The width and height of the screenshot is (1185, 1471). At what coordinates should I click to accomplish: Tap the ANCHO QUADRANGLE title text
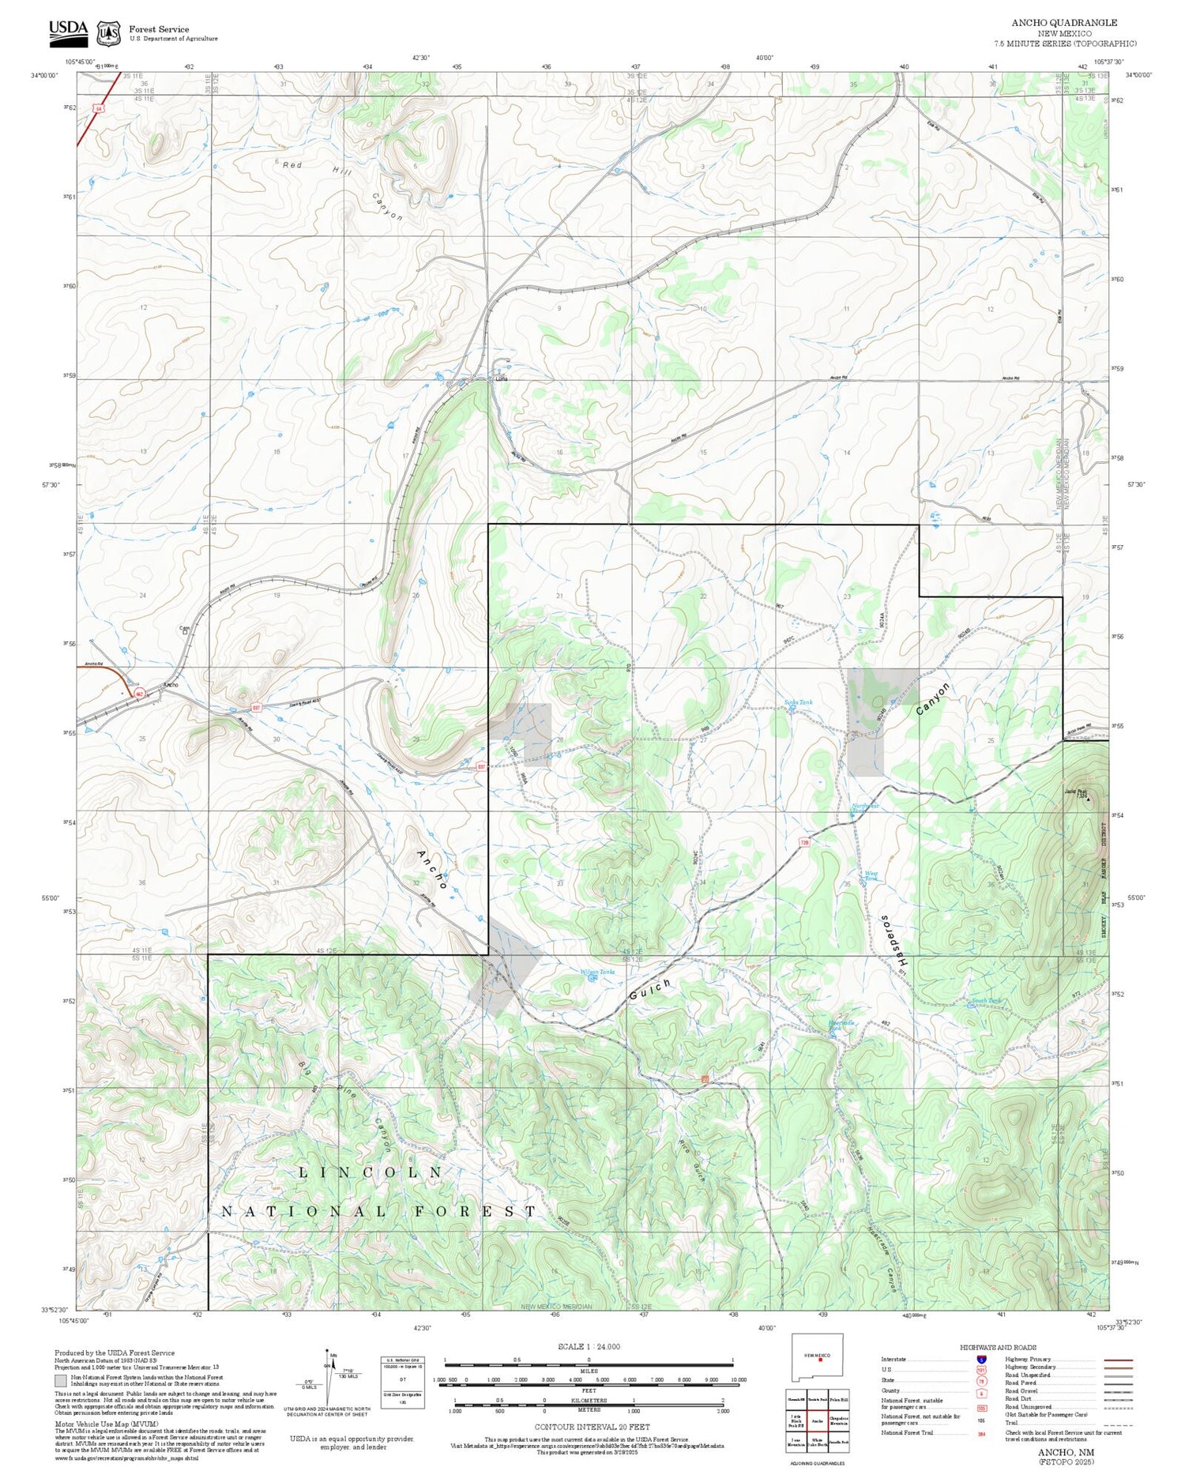[x=1063, y=23]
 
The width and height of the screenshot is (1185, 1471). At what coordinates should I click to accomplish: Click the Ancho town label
[x=170, y=684]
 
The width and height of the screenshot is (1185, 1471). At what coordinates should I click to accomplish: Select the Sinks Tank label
[x=798, y=702]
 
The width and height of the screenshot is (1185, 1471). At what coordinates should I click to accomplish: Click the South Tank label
[x=986, y=1001]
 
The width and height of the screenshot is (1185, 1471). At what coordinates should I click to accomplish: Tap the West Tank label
[x=871, y=875]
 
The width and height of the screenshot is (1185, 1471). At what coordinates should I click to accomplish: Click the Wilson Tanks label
[x=596, y=972]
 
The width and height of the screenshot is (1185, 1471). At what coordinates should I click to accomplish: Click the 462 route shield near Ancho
[x=139, y=694]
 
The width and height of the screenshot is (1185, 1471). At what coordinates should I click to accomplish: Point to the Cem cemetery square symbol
[x=185, y=631]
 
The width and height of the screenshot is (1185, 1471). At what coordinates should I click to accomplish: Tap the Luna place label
[x=501, y=379]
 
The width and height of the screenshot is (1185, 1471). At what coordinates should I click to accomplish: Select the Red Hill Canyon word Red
[x=292, y=165]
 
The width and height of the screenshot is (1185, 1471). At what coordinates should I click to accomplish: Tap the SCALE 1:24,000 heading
[x=589, y=1346]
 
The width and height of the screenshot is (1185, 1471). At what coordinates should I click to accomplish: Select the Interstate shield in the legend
[x=980, y=1359]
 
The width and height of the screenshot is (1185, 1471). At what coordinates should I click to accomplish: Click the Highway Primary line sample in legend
[x=1112, y=1360]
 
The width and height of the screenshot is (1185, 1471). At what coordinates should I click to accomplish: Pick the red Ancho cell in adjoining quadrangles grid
[x=818, y=1420]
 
